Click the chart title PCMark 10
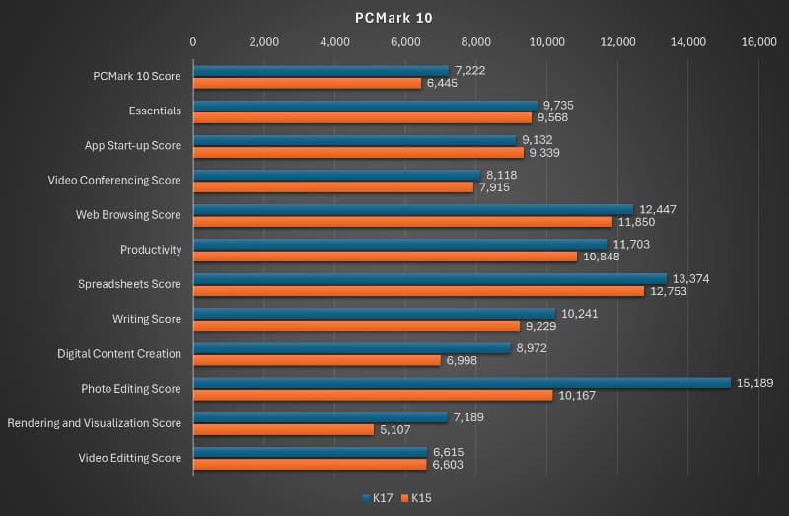click(x=394, y=18)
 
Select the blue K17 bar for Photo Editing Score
click(x=461, y=383)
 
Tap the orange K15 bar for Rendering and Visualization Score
click(x=283, y=429)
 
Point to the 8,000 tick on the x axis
click(x=476, y=42)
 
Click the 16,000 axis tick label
click(x=758, y=42)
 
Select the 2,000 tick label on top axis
click(x=264, y=42)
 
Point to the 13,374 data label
click(x=690, y=279)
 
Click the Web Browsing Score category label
click(x=128, y=215)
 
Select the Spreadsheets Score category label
click(x=129, y=284)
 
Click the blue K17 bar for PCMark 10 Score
click(x=321, y=71)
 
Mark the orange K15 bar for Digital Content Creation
click(x=317, y=360)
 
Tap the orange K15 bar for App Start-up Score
click(x=358, y=152)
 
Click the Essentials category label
click(x=155, y=111)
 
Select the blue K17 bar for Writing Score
click(x=374, y=314)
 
